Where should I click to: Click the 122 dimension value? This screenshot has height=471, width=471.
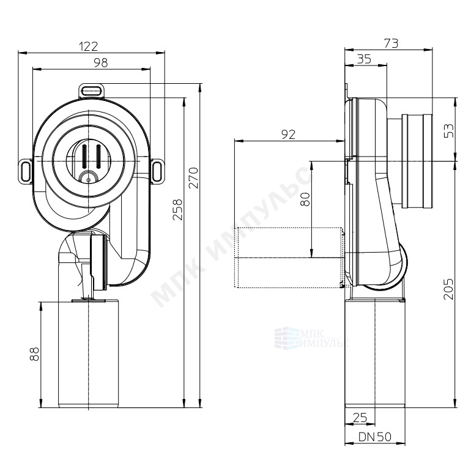[88, 46]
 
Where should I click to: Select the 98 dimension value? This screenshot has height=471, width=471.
[101, 63]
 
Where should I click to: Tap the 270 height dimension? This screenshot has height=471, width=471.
[194, 178]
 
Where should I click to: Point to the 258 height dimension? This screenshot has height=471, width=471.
[177, 209]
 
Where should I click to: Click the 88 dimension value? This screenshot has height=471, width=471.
[35, 354]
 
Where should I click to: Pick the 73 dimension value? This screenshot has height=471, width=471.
[391, 43]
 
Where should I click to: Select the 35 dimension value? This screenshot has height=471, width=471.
[364, 59]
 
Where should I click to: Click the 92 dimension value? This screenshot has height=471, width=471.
[288, 135]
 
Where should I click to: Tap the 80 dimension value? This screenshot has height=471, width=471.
[305, 199]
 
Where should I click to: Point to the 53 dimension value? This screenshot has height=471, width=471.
[450, 131]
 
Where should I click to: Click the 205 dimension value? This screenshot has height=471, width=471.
[448, 289]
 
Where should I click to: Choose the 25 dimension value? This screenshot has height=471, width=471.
[360, 418]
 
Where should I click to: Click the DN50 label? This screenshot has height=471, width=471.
[375, 437]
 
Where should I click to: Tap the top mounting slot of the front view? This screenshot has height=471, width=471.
[91, 90]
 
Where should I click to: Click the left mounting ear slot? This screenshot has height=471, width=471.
[26, 171]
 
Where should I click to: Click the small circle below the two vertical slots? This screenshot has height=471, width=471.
[88, 180]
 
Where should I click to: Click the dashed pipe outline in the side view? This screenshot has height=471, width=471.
[290, 258]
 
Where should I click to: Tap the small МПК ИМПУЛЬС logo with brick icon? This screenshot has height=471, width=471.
[311, 338]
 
